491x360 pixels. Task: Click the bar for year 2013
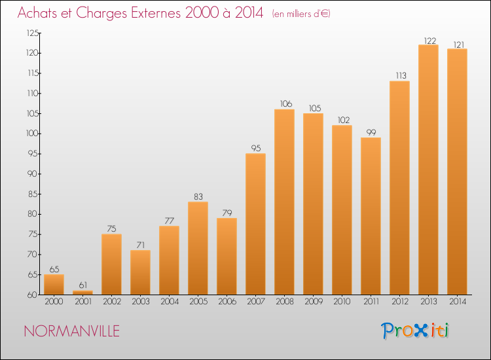(428, 170)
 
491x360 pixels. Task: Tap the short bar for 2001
(82, 293)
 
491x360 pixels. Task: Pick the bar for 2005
(198, 248)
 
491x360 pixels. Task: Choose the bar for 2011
(371, 216)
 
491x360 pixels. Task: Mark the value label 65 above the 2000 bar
(54, 270)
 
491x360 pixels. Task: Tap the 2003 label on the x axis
(140, 302)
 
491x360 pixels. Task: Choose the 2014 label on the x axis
(457, 302)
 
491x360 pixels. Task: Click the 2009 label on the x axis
(313, 302)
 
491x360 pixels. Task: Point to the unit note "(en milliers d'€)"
(301, 14)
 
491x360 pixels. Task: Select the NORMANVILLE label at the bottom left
(71, 331)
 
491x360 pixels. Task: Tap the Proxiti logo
(416, 331)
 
